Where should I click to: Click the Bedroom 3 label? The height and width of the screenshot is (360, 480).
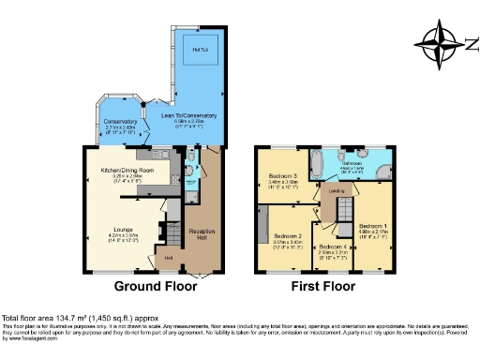282,176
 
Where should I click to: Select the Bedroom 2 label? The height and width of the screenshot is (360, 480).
288,235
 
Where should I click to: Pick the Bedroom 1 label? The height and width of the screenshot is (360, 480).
372,225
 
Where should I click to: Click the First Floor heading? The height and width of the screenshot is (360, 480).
323,286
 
